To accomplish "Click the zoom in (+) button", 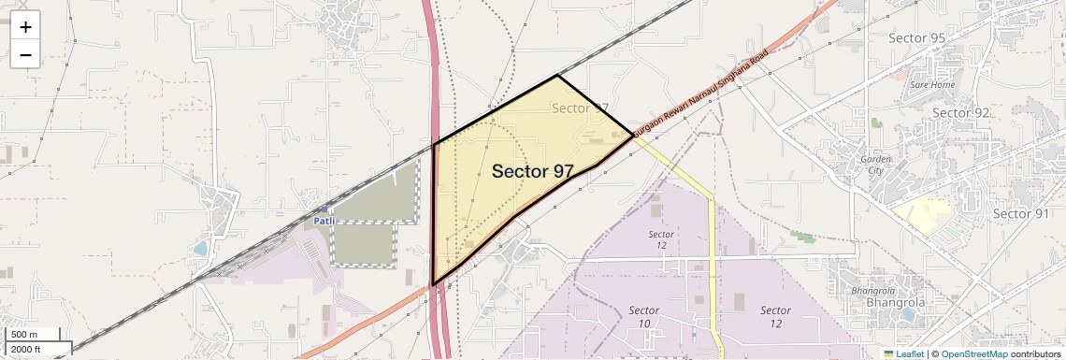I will pos(25,27).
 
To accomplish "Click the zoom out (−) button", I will pos(25,55).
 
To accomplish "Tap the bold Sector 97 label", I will pos(532,171).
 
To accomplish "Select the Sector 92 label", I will pos(961,113).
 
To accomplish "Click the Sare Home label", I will pos(932,85).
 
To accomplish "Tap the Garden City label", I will pos(877,165).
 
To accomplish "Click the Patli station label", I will pos(323,221).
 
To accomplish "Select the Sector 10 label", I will pos(644,317).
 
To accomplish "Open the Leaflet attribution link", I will pos(903,353).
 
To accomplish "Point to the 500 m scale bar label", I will pos(23,335).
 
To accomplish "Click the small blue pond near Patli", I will pos(200,249).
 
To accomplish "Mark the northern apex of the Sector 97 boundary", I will pos(557,75).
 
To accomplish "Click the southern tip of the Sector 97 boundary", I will pos(433,284).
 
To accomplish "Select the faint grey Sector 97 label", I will pos(580,108).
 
